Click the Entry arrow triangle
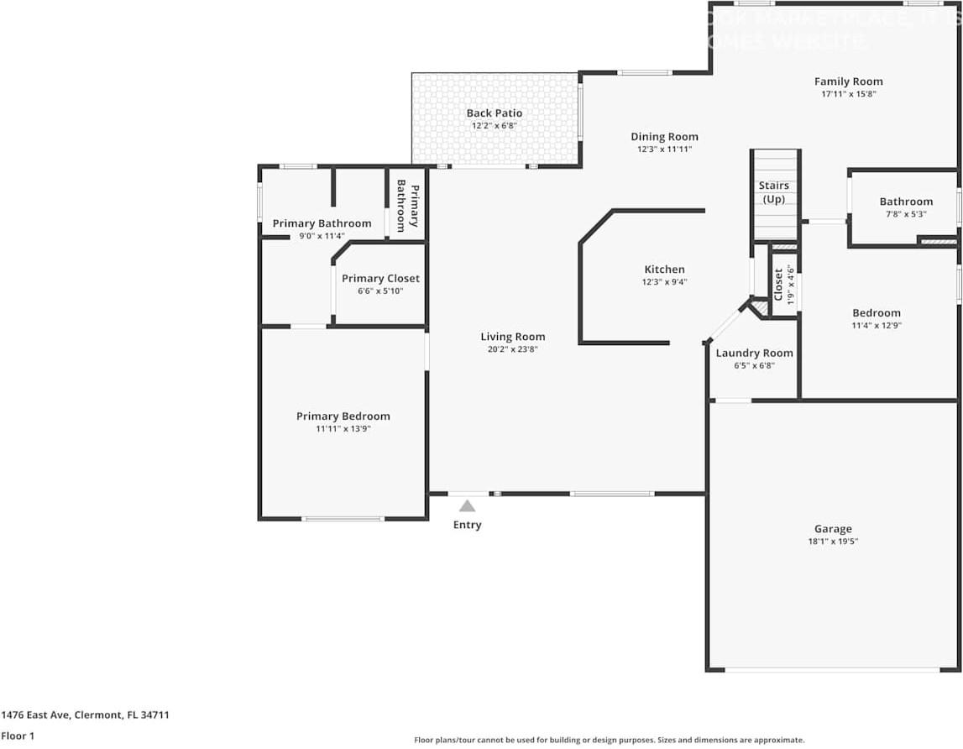coord(467,505)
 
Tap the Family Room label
coord(848,81)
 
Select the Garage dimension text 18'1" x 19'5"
coord(833,542)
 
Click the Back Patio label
coord(495,113)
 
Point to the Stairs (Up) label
coord(773,192)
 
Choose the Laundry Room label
coord(754,354)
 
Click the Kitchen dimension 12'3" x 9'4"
coord(664,282)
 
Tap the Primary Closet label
coord(380,278)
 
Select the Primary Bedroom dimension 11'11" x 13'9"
coord(343,429)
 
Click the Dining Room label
coord(664,137)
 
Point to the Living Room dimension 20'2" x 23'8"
coord(512,349)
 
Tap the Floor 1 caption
coord(18,736)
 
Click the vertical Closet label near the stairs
coord(778,284)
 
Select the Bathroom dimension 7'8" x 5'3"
coord(906,214)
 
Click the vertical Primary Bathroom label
coord(407,205)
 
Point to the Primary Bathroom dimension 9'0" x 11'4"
coord(322,236)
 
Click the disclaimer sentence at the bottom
coord(609,740)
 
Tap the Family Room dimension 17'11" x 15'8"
coord(848,94)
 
